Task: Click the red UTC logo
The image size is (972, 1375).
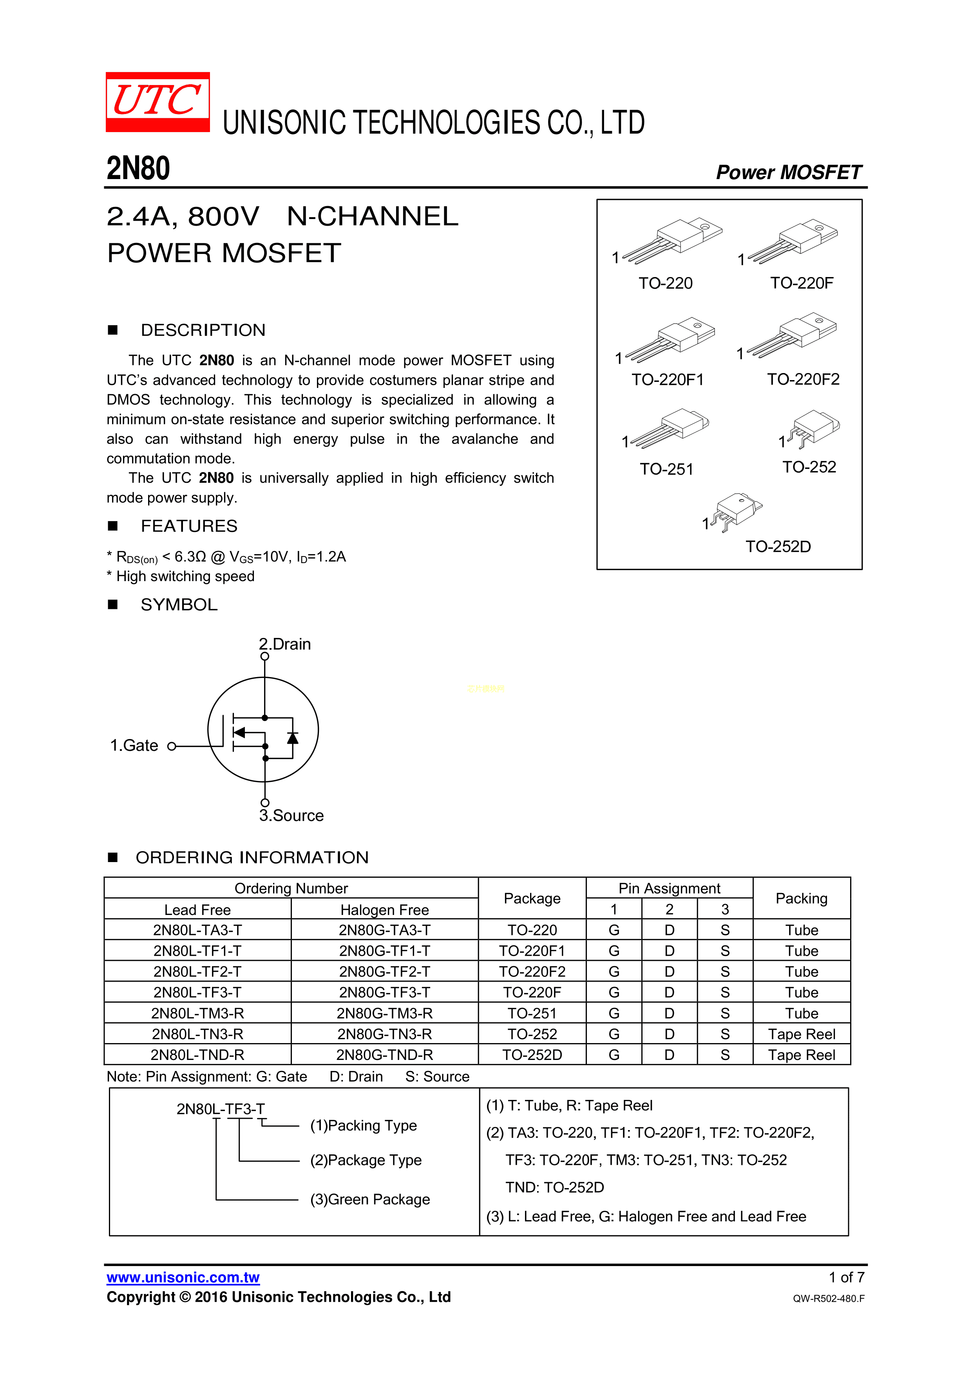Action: point(157,102)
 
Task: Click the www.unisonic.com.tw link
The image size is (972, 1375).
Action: point(183,1277)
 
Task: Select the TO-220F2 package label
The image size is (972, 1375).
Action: point(803,379)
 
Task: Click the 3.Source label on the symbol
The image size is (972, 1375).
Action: point(291,816)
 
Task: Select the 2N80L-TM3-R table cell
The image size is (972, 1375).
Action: point(197,1013)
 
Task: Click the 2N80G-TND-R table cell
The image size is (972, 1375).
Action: point(384,1054)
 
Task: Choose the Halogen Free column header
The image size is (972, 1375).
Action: point(384,910)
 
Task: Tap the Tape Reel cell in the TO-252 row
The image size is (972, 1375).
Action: point(801,1034)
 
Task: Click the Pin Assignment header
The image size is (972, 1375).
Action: point(669,888)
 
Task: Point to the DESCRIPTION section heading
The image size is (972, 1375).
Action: point(203,330)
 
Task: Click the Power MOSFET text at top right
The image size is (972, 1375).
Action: point(788,172)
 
